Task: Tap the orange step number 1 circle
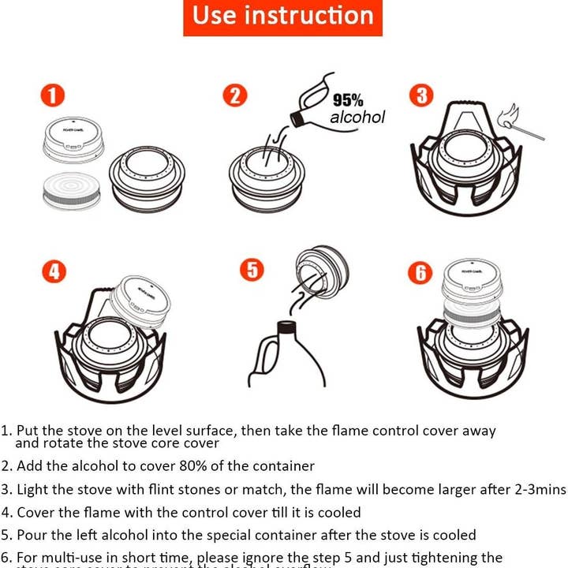(53, 96)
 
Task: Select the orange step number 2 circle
(235, 96)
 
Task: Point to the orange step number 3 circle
(421, 96)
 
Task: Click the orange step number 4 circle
(53, 271)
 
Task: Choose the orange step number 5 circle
(251, 270)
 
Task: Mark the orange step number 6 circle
(420, 273)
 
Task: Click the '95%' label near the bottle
(348, 101)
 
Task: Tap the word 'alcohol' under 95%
(357, 118)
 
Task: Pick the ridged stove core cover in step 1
(72, 190)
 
